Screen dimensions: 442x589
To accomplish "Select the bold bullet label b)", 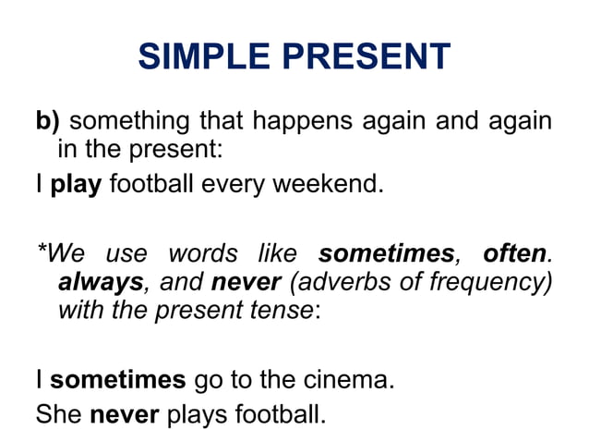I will point(48,121).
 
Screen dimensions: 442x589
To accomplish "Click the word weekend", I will point(331,182).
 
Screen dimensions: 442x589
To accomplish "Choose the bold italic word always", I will point(102,281).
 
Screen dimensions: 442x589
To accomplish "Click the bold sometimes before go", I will point(117,379).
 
